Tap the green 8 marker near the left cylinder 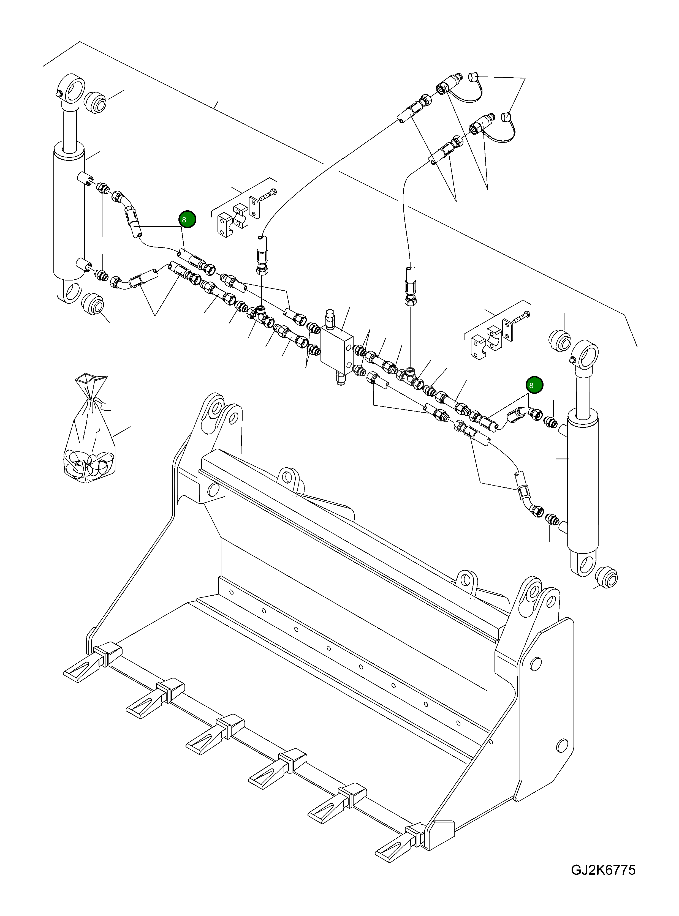click(x=187, y=219)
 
